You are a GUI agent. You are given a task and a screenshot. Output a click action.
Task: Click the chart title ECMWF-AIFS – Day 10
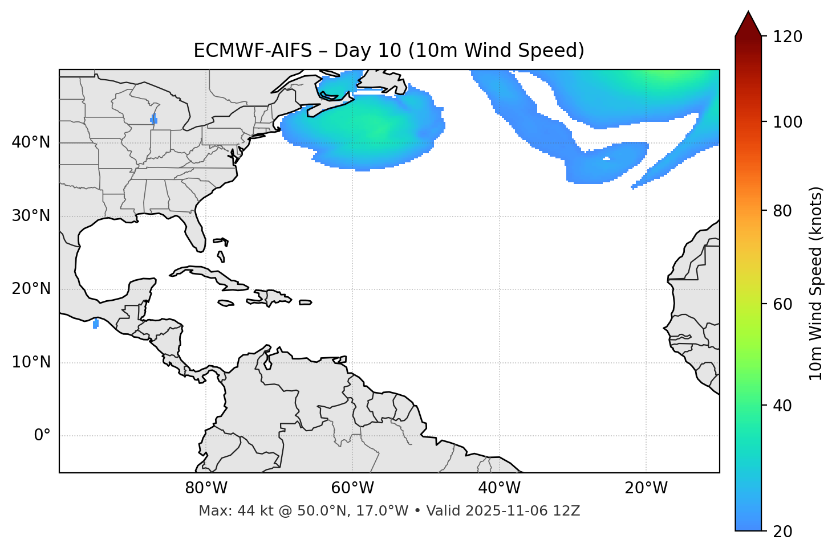[x=389, y=51]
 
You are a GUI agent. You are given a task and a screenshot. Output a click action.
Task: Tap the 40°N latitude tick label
[x=31, y=142]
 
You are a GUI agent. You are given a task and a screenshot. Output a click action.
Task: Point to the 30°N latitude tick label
[x=31, y=216]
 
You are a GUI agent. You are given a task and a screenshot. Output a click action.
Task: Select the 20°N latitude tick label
[x=31, y=289]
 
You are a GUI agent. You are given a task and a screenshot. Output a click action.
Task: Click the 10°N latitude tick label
[x=31, y=362]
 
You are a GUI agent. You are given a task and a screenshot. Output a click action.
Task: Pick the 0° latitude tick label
[x=42, y=436]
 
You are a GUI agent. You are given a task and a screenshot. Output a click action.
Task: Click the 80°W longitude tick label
[x=206, y=488]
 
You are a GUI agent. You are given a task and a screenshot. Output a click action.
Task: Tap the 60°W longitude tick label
[x=352, y=488]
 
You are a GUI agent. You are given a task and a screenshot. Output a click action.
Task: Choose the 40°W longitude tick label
[x=499, y=488]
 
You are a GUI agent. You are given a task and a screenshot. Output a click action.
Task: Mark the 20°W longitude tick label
[x=646, y=488]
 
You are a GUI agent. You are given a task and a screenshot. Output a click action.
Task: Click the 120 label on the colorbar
[x=788, y=36]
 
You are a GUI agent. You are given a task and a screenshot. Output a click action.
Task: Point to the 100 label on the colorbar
[x=788, y=122]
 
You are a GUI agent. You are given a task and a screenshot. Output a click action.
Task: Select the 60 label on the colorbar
[x=784, y=304]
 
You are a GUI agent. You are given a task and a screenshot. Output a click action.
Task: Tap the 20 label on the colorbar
[x=784, y=531]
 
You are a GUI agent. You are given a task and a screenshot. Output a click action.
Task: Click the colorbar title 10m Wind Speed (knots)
[x=816, y=283]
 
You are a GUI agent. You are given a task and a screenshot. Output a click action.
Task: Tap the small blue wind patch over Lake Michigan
[x=153, y=119]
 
